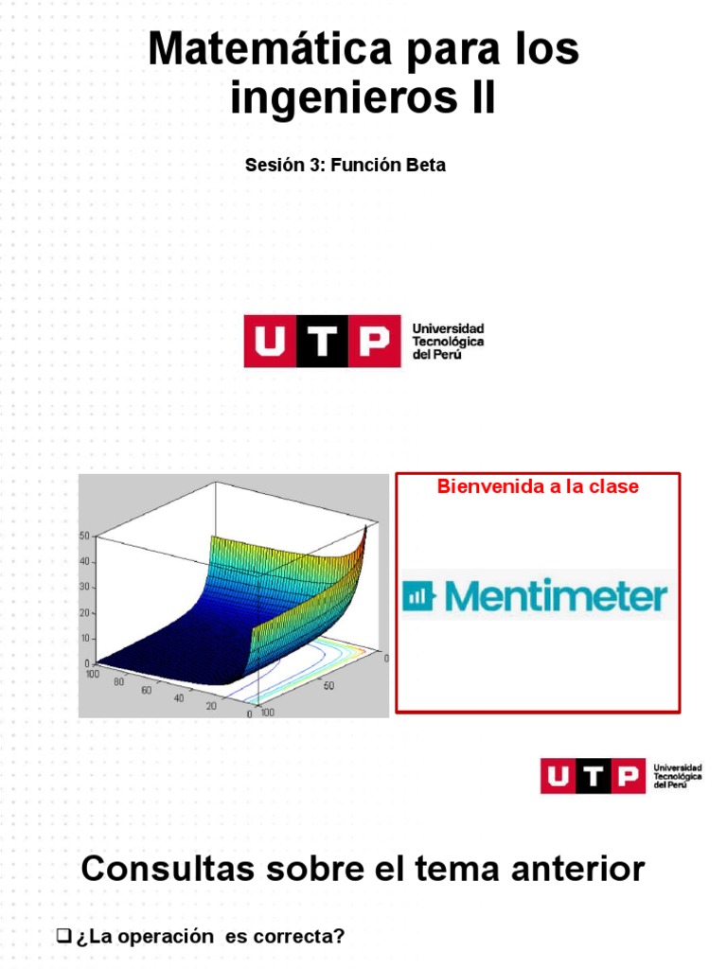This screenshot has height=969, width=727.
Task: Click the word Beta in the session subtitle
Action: pos(426,165)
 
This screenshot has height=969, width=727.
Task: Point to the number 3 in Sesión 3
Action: pos(317,165)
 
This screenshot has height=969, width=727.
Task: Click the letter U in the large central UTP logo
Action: pos(270,341)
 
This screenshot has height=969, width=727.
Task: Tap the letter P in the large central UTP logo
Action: pos(370,341)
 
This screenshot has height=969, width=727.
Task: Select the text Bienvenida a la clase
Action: pos(537,486)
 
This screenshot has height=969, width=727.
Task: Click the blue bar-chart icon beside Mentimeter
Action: pos(417,596)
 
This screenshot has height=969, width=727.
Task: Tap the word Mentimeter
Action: pos(556,596)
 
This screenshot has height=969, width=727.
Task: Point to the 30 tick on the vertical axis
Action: pos(83,588)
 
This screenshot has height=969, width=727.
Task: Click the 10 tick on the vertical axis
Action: pos(83,639)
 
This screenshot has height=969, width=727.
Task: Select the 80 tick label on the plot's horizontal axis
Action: pos(119,681)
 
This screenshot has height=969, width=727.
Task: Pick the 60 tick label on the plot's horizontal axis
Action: pos(147,690)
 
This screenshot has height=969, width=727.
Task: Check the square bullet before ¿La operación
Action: pos(64,937)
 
